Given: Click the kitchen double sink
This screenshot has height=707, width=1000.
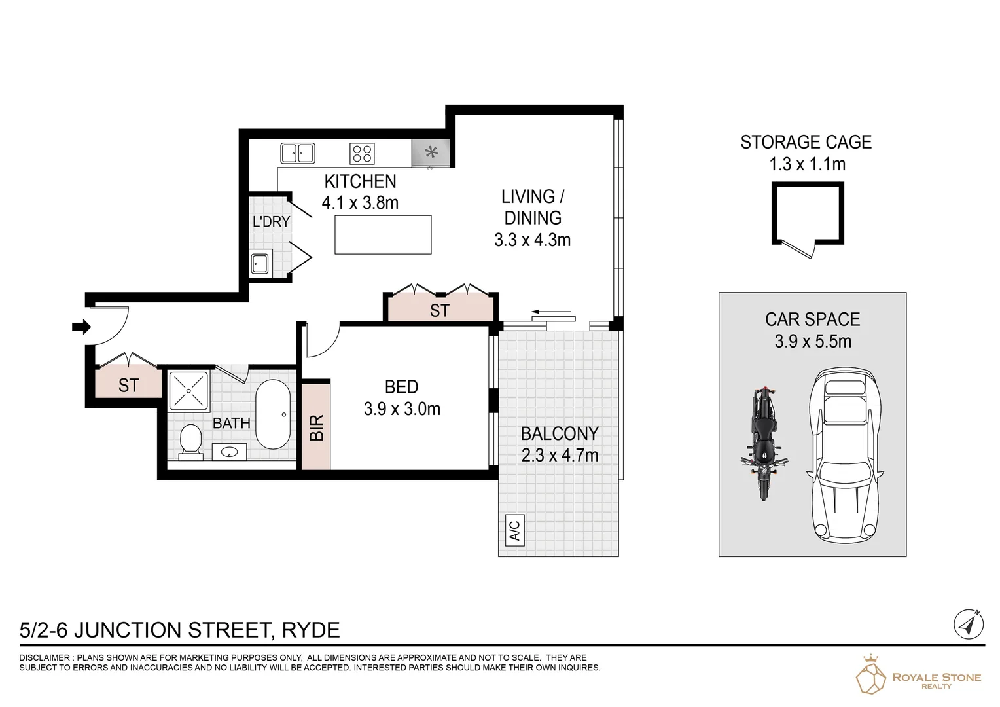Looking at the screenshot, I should [297, 153].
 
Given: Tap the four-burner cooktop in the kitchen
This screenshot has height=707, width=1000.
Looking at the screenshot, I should [362, 153].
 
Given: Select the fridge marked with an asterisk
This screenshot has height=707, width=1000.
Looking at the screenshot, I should [431, 153].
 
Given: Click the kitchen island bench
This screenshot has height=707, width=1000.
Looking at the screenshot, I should [383, 234].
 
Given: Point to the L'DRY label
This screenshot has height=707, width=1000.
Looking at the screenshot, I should [271, 221].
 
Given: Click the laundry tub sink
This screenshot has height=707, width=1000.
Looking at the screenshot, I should [260, 264].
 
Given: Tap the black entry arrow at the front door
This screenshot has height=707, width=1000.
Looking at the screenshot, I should [81, 326].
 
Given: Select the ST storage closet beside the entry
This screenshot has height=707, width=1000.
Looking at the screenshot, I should [128, 384].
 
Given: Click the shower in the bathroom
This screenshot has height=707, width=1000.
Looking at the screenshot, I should [188, 391].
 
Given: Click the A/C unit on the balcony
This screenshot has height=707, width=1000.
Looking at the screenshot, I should [514, 530].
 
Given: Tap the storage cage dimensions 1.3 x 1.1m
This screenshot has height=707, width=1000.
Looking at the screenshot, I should [806, 164].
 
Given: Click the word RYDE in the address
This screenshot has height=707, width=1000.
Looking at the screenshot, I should [311, 630].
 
